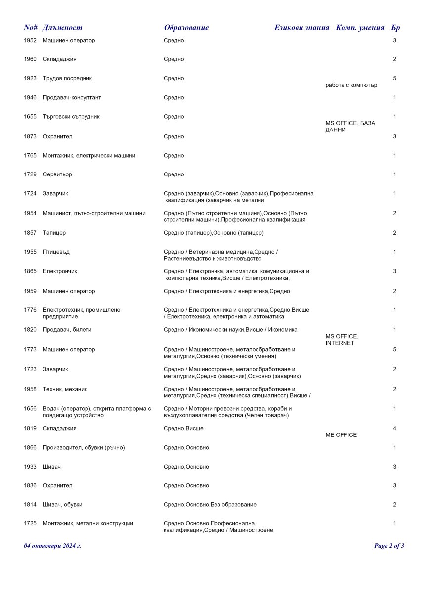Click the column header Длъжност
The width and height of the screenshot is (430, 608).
tap(62, 28)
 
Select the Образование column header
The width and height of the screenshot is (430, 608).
tap(186, 28)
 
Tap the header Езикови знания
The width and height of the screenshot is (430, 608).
tap(301, 28)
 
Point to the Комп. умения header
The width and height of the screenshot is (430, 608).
tap(360, 28)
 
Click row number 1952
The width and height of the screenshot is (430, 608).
tap(30, 40)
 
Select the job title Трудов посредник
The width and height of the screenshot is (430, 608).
tap(67, 78)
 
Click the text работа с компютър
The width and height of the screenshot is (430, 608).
tap(351, 85)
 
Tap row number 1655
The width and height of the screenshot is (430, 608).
tap(30, 117)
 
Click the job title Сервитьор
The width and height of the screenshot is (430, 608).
tap(57, 174)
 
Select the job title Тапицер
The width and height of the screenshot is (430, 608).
tap(54, 233)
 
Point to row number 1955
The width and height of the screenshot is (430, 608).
tap(30, 252)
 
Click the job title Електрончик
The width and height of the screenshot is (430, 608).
tap(60, 271)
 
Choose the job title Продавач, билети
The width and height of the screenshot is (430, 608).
tap(67, 330)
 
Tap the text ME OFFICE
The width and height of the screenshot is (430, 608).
tap(341, 435)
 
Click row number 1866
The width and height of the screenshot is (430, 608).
tap(30, 448)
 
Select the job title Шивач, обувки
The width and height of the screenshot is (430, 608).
tap(63, 505)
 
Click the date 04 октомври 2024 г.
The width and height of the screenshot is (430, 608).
tap(52, 546)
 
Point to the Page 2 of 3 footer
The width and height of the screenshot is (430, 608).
tap(389, 546)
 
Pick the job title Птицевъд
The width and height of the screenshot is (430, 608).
tap(56, 252)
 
